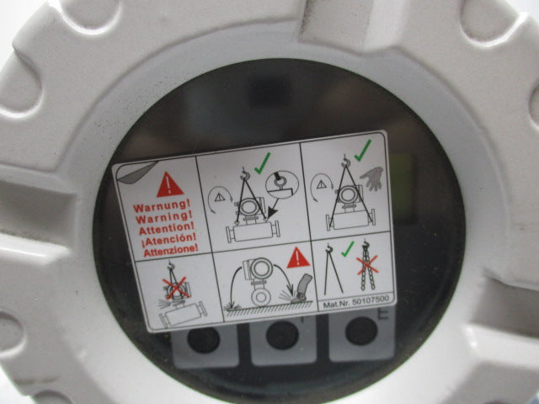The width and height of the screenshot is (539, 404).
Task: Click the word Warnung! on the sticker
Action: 162,206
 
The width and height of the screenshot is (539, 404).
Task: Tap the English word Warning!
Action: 163,217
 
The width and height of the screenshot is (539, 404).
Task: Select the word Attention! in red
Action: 167,228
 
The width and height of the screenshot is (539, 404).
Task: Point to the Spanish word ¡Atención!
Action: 168,239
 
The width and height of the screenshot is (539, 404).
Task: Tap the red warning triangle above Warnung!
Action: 169,185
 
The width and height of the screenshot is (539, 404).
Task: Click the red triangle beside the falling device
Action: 298,258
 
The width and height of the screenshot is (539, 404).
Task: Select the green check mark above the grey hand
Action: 363,150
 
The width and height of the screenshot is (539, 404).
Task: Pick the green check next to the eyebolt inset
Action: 262,162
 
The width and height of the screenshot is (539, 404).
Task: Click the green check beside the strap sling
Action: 348,249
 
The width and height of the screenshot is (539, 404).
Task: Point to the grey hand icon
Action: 372,178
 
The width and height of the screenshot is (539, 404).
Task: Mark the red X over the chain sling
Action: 367,265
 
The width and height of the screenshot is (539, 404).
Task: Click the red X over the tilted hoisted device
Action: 176,288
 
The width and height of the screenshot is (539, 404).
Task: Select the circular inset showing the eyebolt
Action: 282,184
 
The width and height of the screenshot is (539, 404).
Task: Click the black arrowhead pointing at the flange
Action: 272,213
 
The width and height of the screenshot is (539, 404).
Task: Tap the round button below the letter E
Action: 361,331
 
